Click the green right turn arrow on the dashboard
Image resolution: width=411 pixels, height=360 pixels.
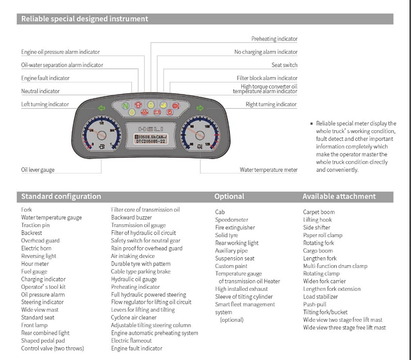click(199, 108)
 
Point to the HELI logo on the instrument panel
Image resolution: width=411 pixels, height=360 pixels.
click(151, 129)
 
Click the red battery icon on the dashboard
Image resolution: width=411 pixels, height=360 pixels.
click(164, 111)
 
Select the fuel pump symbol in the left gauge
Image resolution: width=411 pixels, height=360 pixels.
click(102, 147)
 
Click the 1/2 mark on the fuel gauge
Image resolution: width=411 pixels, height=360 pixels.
click(102, 123)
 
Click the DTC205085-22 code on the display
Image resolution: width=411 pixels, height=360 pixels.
click(150, 142)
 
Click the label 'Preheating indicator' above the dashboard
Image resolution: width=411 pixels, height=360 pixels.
click(274, 39)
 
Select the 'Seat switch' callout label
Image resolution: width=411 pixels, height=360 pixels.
click(284, 65)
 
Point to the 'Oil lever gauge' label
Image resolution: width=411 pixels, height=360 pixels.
click(38, 170)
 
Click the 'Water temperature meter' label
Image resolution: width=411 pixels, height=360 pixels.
click(268, 170)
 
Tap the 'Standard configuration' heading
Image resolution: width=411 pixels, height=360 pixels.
click(61, 196)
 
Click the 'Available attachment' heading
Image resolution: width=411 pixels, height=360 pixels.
click(339, 196)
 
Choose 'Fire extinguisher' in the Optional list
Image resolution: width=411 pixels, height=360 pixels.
click(234, 227)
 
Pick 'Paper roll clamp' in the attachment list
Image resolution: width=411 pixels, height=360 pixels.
click(322, 235)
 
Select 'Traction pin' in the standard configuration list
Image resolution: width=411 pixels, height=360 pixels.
click(35, 225)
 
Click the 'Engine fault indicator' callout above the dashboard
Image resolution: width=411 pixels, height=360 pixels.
click(45, 78)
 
